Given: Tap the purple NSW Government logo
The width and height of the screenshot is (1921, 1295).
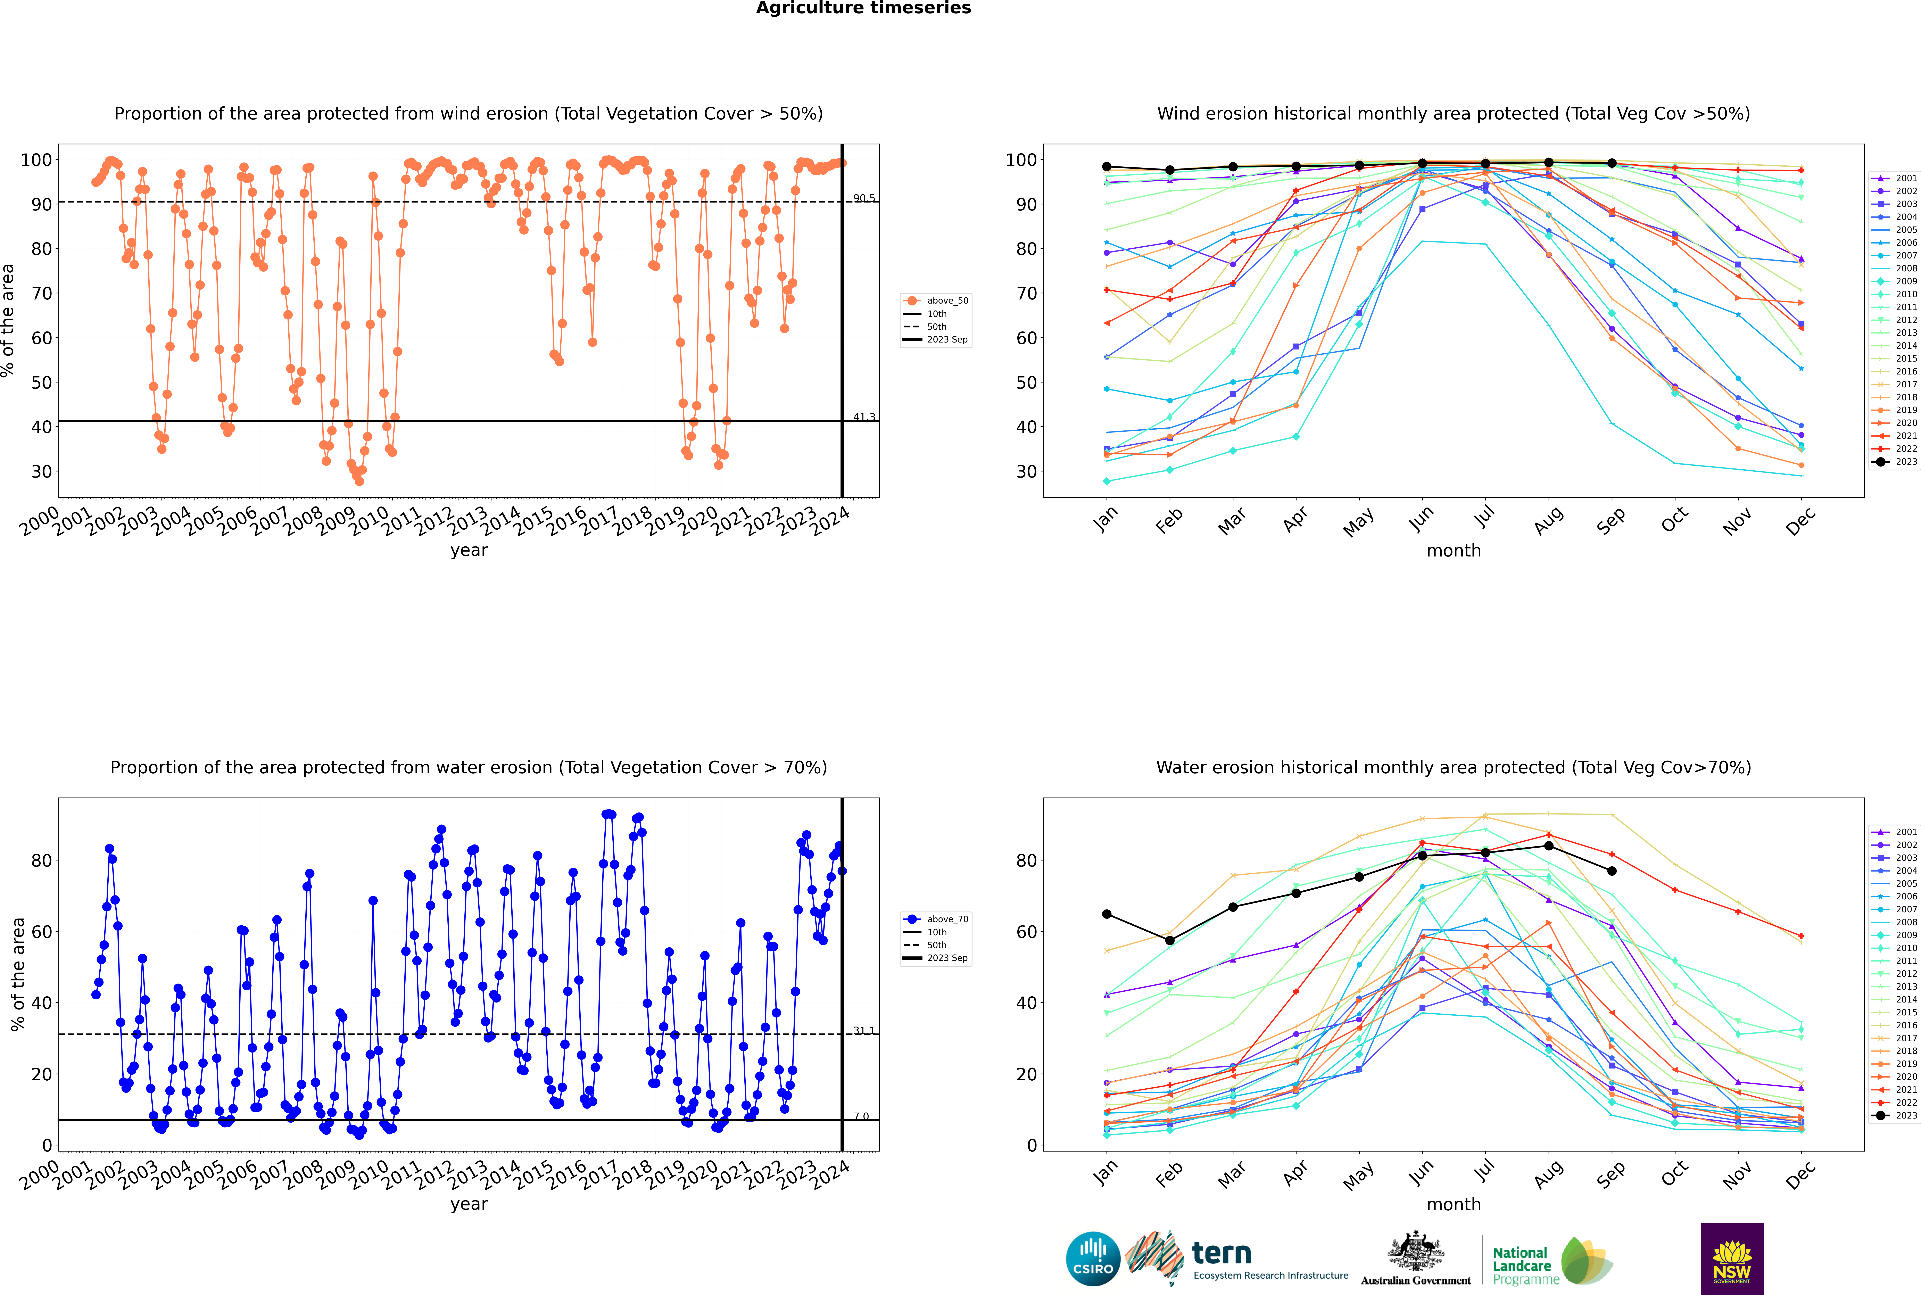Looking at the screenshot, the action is coord(1732,1259).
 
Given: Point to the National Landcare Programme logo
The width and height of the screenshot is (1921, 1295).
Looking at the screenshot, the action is coord(1553,1261).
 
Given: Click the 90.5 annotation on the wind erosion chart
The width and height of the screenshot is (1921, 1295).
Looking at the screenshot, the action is coord(864,198).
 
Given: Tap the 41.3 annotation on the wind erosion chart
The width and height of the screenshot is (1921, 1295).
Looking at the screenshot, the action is coord(864,417).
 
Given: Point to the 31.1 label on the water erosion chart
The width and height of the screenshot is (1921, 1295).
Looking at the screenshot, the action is coord(864,1031).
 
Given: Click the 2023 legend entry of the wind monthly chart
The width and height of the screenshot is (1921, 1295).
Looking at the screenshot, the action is coord(1895,462).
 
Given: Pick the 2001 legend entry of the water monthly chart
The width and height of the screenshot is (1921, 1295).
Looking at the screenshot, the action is coord(1895,832).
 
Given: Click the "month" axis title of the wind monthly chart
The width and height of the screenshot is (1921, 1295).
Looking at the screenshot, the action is coord(1454,551).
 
